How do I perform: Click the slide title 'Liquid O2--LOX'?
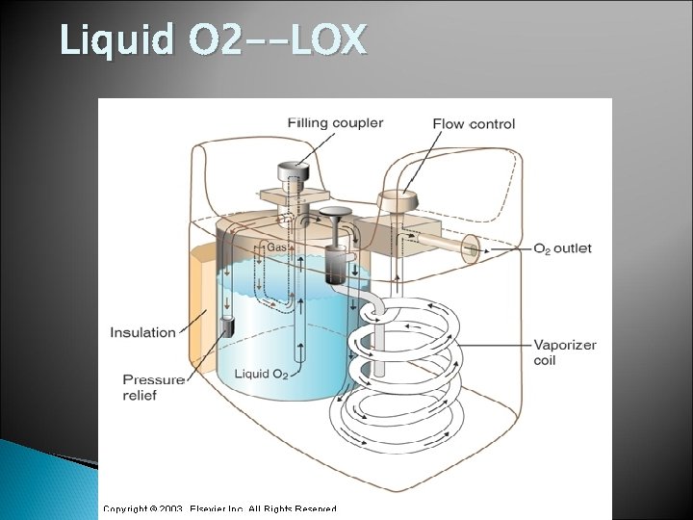(x=213, y=41)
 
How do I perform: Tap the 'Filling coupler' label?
(x=335, y=123)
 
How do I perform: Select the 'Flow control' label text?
(x=474, y=124)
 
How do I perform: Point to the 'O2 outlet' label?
(x=562, y=248)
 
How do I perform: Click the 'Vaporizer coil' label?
(x=565, y=352)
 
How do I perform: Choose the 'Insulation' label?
(x=142, y=333)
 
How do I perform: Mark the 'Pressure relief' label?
(x=154, y=387)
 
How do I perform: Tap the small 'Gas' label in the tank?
(x=277, y=247)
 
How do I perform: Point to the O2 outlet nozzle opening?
(x=473, y=247)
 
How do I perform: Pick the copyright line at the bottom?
(x=220, y=507)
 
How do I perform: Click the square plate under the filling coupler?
(x=288, y=200)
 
